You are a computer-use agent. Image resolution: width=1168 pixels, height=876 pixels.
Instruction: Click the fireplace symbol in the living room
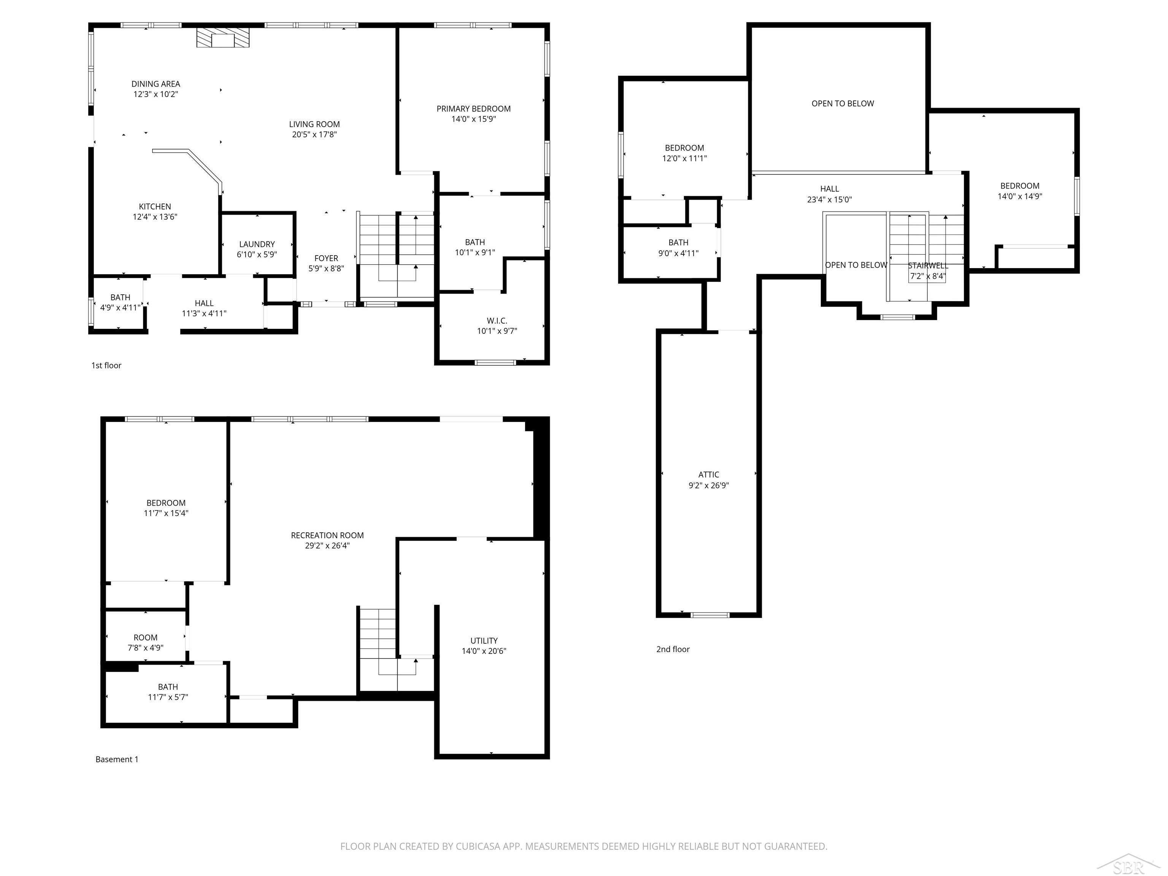click(x=222, y=38)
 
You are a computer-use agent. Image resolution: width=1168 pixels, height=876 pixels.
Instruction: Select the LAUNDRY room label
click(x=257, y=244)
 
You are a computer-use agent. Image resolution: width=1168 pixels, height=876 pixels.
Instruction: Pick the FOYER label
click(x=326, y=258)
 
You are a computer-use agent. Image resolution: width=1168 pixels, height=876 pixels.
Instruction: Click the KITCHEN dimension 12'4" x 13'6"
click(x=155, y=216)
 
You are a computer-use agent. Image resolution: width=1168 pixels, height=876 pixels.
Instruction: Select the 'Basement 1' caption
click(x=117, y=759)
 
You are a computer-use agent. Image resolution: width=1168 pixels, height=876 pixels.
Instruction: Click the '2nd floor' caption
click(x=673, y=649)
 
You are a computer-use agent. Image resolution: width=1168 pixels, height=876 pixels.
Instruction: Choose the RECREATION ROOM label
click(x=327, y=535)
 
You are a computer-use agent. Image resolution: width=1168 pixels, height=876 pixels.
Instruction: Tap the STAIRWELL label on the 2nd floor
click(x=928, y=266)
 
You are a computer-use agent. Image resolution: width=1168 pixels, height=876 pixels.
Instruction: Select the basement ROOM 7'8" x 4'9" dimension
click(x=145, y=648)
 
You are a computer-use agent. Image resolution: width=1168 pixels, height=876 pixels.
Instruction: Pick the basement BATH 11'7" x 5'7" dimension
click(x=168, y=697)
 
